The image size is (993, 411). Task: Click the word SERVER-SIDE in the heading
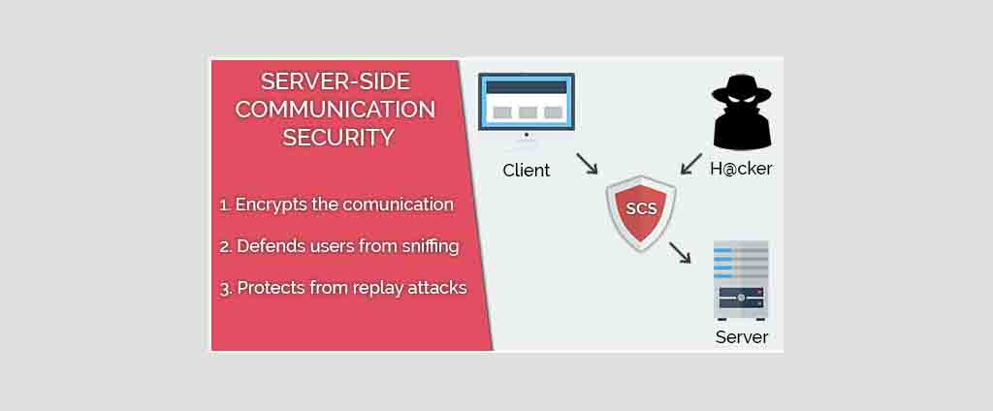336,81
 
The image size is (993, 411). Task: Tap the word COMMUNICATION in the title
336,109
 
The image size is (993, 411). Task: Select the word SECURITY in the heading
338,138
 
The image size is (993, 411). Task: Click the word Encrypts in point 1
267,205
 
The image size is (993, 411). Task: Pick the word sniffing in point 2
430,245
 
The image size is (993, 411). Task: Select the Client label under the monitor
527,171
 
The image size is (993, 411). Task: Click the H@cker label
741,169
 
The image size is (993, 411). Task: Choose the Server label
742,337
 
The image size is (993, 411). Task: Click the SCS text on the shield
641,208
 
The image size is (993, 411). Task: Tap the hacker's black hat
742,89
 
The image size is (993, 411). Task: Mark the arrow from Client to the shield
587,163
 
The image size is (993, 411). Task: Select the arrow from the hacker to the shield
691,164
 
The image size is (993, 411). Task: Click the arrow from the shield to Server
680,252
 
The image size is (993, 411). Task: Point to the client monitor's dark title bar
527,87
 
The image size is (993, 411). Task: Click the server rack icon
741,280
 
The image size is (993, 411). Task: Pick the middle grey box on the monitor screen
527,112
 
